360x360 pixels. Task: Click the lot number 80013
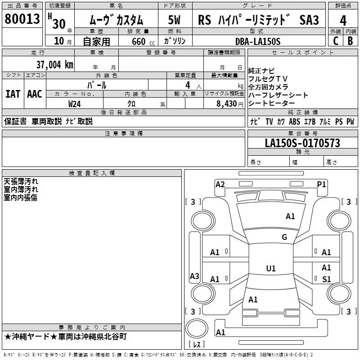point(22,19)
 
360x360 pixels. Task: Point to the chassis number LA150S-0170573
point(302,143)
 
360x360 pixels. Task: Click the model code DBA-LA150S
point(257,41)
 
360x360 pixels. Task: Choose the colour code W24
point(75,103)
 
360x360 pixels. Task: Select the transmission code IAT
point(13,94)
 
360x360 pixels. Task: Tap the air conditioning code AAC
point(35,94)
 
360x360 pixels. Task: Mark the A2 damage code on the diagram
point(220,184)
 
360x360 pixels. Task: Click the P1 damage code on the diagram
point(321,184)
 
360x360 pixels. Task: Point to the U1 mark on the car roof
point(270,269)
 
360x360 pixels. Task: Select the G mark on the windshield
point(284,237)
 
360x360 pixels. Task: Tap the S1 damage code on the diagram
point(327,279)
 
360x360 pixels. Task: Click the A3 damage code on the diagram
point(194,276)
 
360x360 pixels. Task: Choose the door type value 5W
point(175,20)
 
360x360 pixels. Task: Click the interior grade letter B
point(350,40)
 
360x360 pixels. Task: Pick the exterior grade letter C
point(335,40)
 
